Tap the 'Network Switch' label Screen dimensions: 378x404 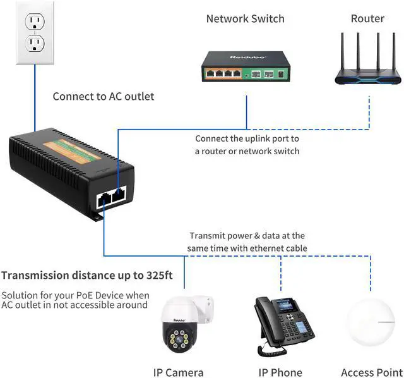(245, 19)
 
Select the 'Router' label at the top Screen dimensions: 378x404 (367, 19)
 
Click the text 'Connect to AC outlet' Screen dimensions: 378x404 (103, 97)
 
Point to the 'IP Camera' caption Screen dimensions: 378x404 (179, 372)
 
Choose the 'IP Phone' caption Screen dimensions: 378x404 (280, 372)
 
